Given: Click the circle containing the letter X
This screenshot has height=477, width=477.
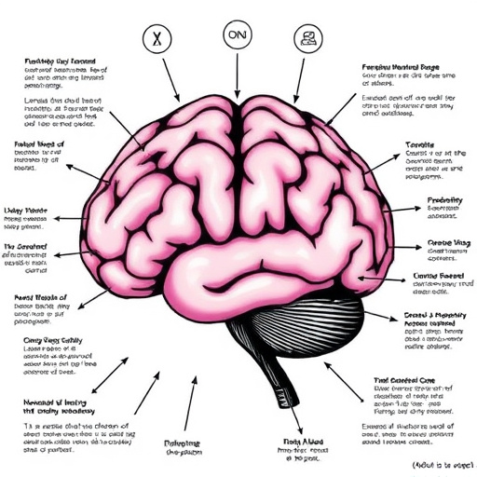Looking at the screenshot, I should coord(157,39).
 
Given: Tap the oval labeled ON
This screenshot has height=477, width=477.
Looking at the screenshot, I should coord(238,34).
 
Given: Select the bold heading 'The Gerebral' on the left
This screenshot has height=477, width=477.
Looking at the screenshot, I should coord(29,244).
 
